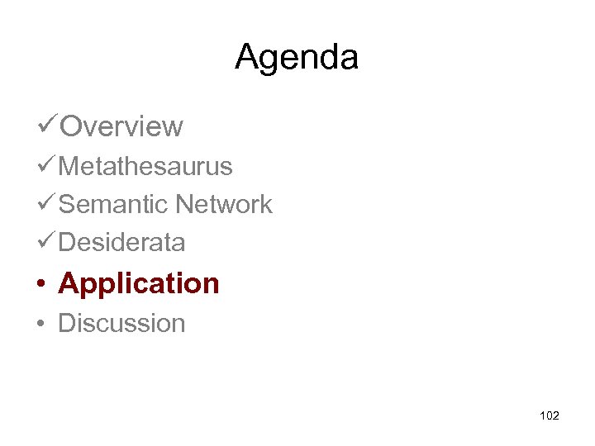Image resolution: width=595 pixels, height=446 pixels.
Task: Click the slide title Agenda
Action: (297, 58)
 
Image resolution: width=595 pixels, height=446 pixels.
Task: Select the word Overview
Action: (121, 127)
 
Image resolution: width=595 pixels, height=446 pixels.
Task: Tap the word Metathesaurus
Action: (145, 167)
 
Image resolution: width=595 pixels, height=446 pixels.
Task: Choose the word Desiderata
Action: (121, 243)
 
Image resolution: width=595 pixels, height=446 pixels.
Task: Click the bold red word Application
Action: (139, 284)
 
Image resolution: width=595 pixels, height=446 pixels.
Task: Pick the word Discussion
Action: (121, 323)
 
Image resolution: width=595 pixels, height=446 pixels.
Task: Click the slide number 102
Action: (549, 415)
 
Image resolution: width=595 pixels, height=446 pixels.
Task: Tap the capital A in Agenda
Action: (246, 57)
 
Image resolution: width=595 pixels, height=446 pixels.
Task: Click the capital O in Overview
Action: (73, 127)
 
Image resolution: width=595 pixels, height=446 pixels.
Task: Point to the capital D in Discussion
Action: (67, 323)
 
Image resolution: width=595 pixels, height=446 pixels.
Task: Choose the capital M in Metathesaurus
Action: (70, 167)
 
